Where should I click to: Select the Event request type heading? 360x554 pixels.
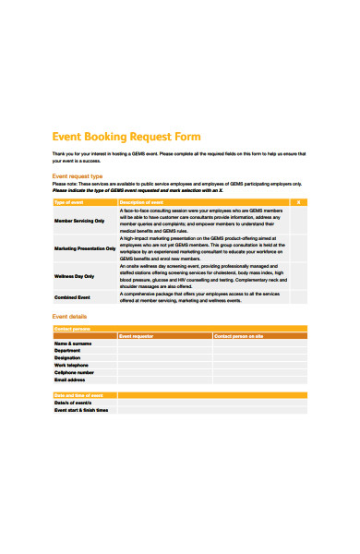[x=78, y=175]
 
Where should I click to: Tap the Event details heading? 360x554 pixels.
[x=70, y=316]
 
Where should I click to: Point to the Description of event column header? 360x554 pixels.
[x=142, y=201]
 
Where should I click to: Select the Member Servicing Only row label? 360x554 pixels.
[x=79, y=221]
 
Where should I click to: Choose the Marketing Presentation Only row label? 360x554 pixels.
[x=85, y=248]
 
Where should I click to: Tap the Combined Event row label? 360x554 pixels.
[x=72, y=297]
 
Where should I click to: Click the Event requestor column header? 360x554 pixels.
[x=138, y=336]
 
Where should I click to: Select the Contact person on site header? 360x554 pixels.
[x=239, y=336]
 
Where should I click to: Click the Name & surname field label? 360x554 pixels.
[x=74, y=343]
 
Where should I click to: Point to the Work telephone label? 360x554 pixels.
[x=73, y=366]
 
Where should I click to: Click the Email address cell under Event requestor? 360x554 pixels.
[x=164, y=379]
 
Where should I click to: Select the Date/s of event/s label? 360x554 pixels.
[x=72, y=403]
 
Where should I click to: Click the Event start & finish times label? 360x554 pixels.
[x=81, y=410]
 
